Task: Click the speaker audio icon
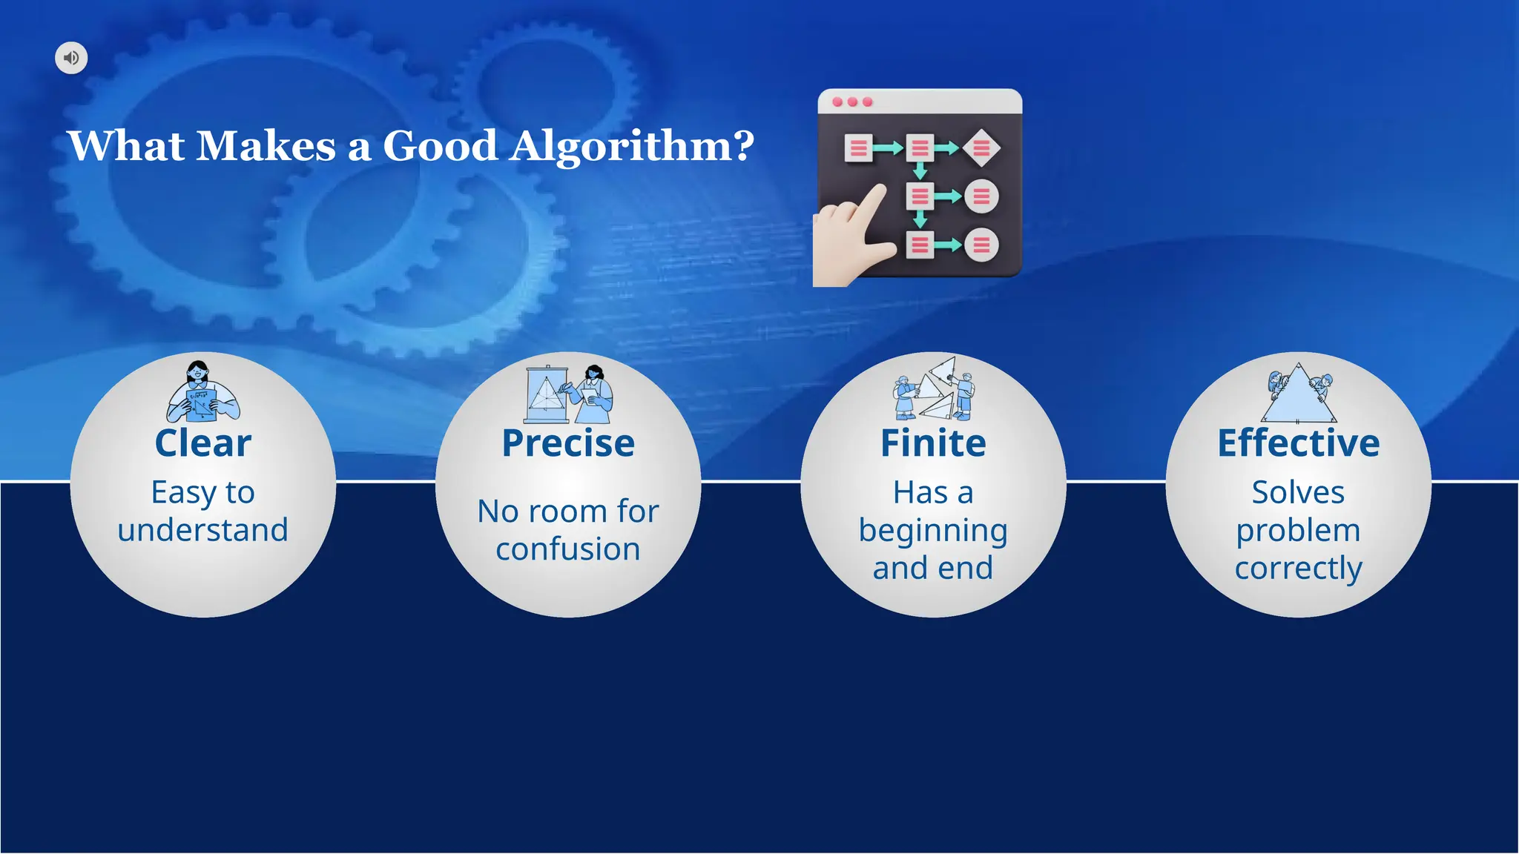[71, 58]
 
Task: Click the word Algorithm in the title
[631, 146]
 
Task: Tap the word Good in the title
[440, 146]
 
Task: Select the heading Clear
[202, 443]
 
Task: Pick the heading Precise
[568, 443]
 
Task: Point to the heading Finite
[933, 443]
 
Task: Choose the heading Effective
[1298, 443]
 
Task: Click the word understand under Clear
[202, 530]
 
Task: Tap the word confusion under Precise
[568, 549]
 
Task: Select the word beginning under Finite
[933, 531]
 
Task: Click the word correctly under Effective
[1298, 569]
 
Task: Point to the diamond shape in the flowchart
[981, 148]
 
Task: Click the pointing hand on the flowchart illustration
[853, 237]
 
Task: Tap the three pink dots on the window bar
[852, 102]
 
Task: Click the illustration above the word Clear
[202, 393]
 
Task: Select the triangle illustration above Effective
[1298, 394]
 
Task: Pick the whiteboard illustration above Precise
[547, 394]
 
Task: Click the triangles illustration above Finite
[933, 390]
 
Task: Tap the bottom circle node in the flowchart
[981, 245]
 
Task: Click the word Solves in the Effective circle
[1298, 493]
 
